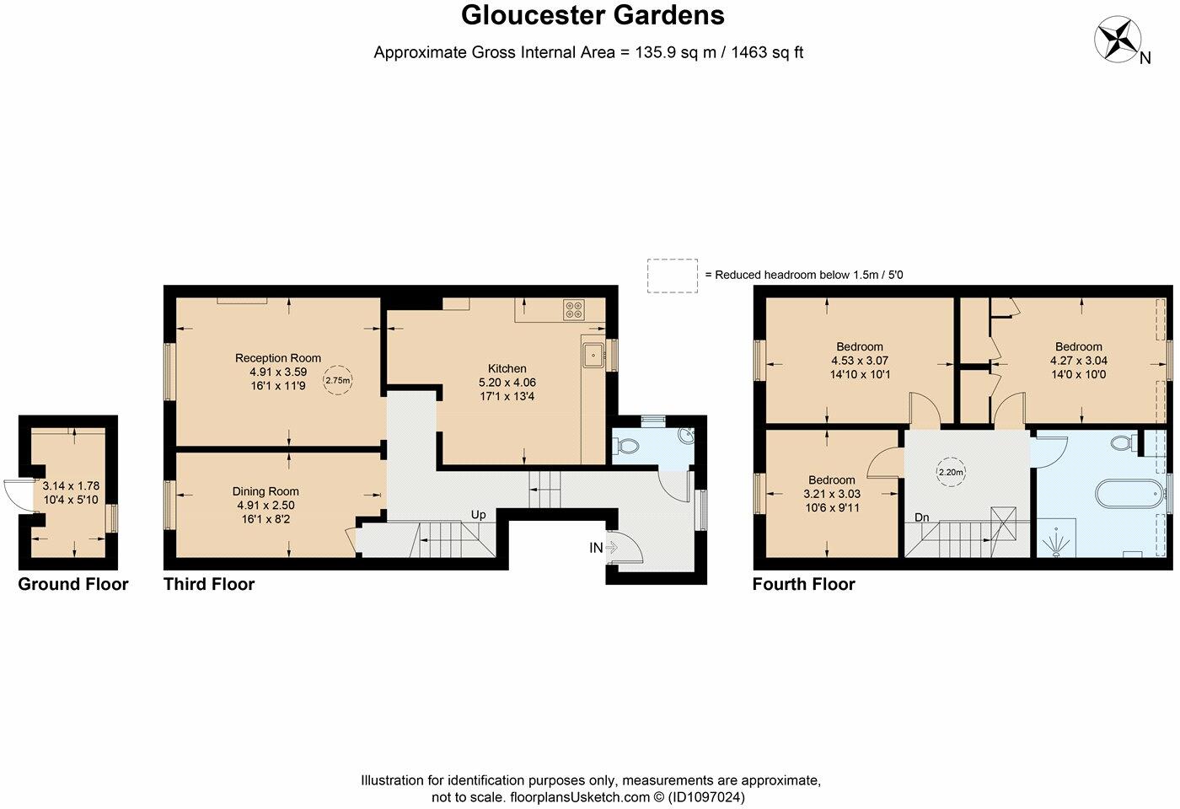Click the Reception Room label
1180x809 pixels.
278,358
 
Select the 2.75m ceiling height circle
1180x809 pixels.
338,380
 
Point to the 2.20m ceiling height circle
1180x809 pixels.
951,473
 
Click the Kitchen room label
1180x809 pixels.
507,368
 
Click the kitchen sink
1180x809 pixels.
593,355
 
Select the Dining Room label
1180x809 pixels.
265,491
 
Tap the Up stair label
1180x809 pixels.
478,514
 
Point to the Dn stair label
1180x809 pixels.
923,518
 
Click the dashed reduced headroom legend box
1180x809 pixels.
673,276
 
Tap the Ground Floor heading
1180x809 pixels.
73,584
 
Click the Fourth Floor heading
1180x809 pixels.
803,584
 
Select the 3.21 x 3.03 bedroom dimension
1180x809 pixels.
832,494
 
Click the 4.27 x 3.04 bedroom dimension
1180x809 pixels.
1078,360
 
